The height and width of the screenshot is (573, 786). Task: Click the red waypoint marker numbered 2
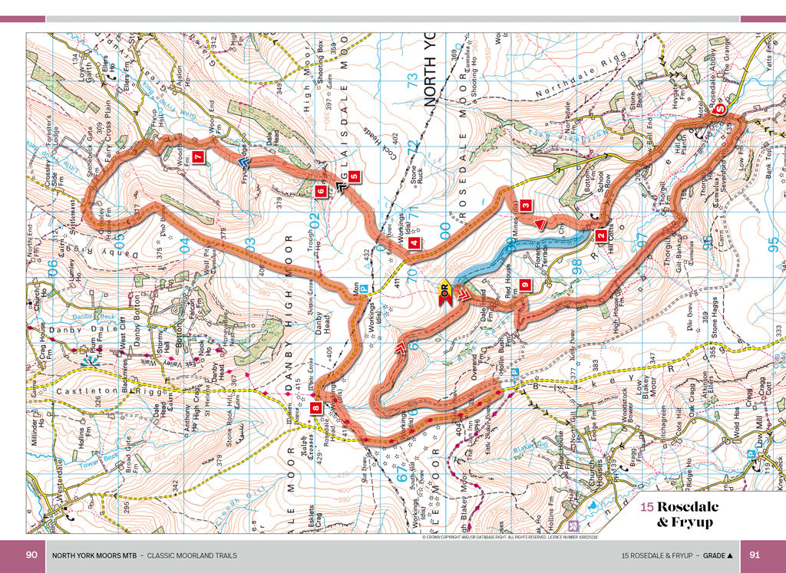pyautogui.click(x=601, y=237)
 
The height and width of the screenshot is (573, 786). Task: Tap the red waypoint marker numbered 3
pyautogui.click(x=525, y=206)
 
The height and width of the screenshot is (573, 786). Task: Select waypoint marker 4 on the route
pyautogui.click(x=414, y=243)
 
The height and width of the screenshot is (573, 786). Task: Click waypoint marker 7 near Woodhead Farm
pyautogui.click(x=198, y=158)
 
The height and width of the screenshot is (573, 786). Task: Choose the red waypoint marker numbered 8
pyautogui.click(x=317, y=409)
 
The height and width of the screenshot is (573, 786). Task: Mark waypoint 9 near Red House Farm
pyautogui.click(x=525, y=285)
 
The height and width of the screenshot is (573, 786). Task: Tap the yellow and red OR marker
pyautogui.click(x=446, y=291)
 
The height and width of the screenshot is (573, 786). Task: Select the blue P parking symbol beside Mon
pyautogui.click(x=365, y=289)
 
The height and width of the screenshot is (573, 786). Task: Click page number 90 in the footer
pyautogui.click(x=31, y=555)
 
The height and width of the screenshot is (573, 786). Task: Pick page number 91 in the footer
pyautogui.click(x=755, y=555)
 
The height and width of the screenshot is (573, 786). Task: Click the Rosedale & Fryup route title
pyautogui.click(x=684, y=514)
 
